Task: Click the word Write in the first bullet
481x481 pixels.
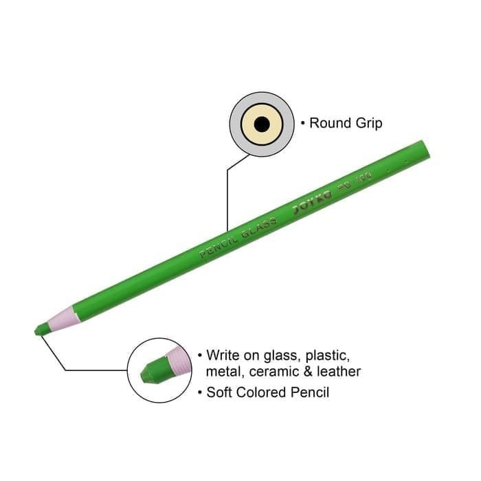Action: (x=225, y=356)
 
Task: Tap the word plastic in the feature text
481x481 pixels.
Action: (x=330, y=356)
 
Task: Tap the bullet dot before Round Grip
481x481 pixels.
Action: (x=302, y=124)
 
